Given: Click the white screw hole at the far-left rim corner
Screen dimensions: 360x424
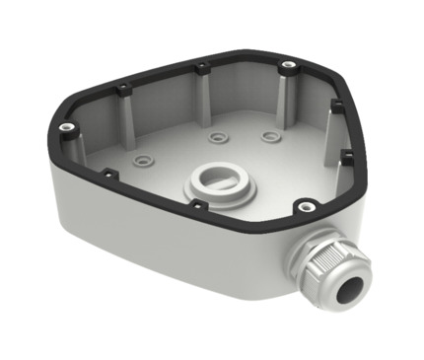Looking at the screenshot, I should coord(66,127).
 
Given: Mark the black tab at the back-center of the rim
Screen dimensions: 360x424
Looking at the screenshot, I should coord(200,69).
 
